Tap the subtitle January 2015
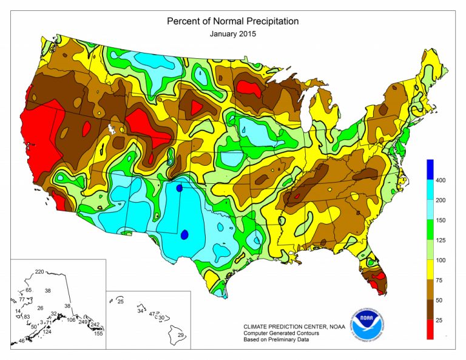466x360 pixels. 233,34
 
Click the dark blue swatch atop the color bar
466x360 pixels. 430,168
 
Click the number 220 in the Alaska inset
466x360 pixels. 41,271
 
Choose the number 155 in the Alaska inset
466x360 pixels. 98,333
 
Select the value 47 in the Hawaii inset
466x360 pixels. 152,314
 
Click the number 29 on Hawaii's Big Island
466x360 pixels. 180,335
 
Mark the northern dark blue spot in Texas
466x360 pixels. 179,188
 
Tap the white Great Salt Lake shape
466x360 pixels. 112,129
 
